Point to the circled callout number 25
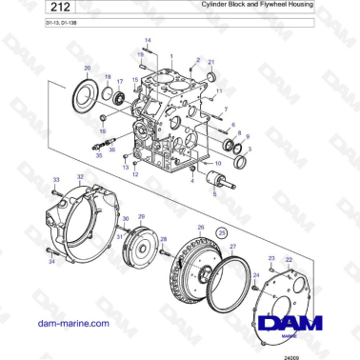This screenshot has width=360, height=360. (222, 232)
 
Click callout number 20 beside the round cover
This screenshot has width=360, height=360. (88, 70)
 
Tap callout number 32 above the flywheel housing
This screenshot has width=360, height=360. (80, 178)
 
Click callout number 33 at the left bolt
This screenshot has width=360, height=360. (56, 180)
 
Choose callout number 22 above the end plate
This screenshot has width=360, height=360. (289, 259)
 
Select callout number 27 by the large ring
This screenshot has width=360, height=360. (231, 246)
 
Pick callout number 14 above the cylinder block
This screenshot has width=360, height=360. (146, 39)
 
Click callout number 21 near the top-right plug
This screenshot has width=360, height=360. (211, 62)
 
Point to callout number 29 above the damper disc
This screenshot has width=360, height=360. (142, 217)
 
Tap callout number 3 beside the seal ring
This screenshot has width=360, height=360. (250, 150)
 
